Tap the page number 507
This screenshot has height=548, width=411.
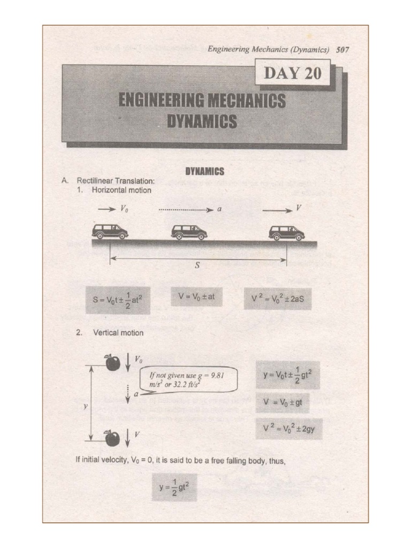343,49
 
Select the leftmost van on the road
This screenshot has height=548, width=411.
110,232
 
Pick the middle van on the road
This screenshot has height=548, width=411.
189,232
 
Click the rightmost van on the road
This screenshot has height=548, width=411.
286,232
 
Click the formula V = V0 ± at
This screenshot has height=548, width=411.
196,296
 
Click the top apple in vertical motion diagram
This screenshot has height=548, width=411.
112,362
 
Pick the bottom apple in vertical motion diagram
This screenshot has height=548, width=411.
112,438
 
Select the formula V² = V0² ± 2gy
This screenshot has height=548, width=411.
289,429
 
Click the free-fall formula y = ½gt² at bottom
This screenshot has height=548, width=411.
174,486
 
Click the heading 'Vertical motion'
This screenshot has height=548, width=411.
118,333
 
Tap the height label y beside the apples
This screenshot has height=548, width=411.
86,407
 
